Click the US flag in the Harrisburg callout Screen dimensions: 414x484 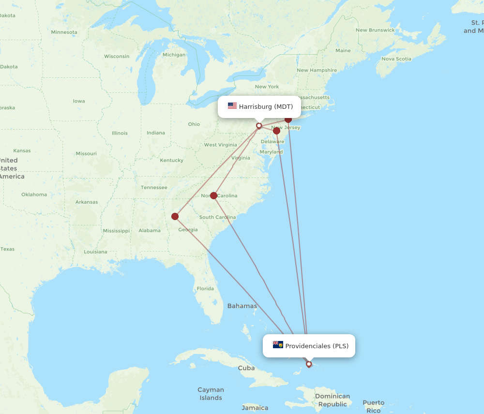pos(232,106)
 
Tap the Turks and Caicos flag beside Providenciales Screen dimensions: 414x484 pos(278,345)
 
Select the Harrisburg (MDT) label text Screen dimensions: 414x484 pos(266,106)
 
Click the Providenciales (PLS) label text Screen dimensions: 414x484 pos(317,346)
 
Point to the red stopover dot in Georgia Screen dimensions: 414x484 pos(175,216)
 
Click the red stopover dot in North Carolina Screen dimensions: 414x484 pos(213,195)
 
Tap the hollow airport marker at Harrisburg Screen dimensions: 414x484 pos(259,126)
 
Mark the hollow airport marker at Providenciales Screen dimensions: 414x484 pos(309,364)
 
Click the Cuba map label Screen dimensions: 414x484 pos(246,368)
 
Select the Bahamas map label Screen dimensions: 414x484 pos(242,306)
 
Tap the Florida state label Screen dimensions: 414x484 pos(205,289)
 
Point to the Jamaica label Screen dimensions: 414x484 pos(255,408)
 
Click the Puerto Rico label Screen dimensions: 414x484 pos(373,406)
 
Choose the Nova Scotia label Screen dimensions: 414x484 pos(396,59)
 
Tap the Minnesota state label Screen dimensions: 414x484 pos(64,32)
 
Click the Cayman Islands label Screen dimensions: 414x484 pos(211,394)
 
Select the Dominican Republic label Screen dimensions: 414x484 pos(332,400)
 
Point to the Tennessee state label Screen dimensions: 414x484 pos(154,188)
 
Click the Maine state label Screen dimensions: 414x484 pos(343,50)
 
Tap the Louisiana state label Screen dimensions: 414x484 pos(95,252)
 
